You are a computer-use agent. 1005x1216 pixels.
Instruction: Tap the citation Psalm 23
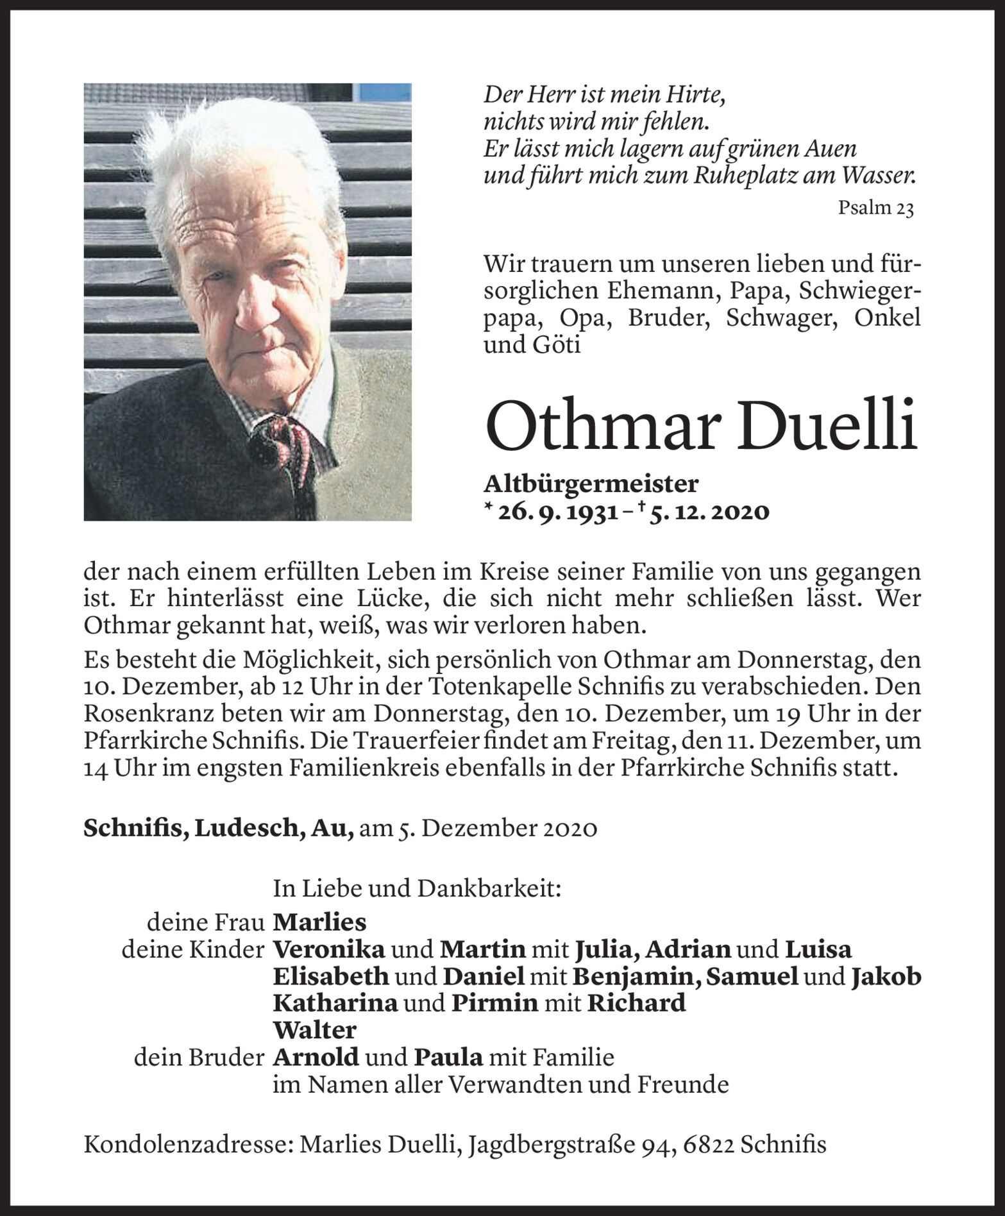[875, 208]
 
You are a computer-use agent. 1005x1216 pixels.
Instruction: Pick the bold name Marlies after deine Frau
[319, 922]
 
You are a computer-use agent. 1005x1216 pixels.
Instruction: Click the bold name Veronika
[329, 950]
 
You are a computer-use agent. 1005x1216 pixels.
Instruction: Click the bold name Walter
[314, 1030]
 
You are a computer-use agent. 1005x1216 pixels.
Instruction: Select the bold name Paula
[451, 1057]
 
